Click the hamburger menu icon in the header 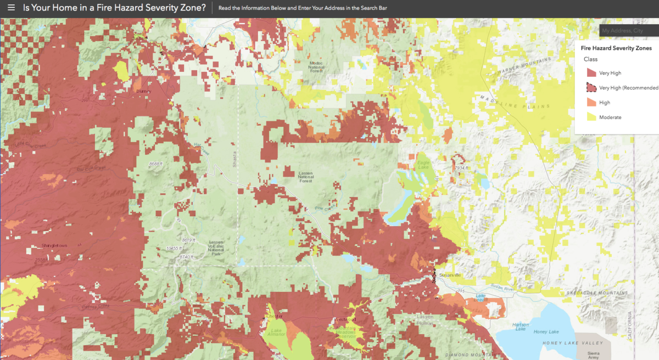click(x=11, y=8)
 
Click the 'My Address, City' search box click(x=628, y=31)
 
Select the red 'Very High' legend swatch click(x=591, y=73)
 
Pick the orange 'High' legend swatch click(x=591, y=103)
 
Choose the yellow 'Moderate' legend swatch click(x=591, y=117)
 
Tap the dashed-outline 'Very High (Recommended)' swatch click(x=591, y=88)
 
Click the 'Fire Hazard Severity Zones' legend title click(x=616, y=48)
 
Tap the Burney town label click(x=143, y=91)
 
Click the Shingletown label click(x=54, y=245)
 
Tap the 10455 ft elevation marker click(x=174, y=249)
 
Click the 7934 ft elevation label click(x=461, y=168)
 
